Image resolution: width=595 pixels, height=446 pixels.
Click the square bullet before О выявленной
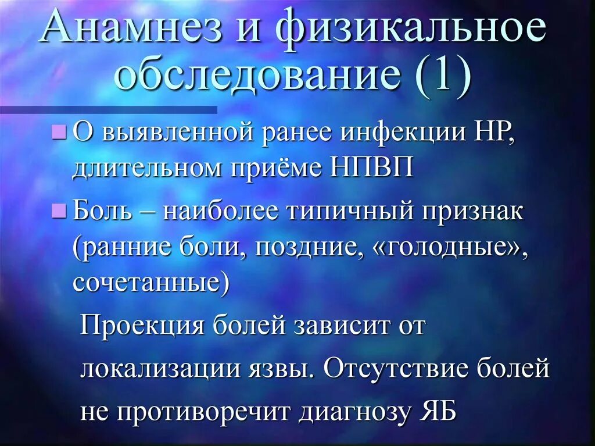[x=58, y=133]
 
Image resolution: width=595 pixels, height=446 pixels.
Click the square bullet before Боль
[x=58, y=212]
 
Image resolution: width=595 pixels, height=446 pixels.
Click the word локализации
[x=160, y=369]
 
